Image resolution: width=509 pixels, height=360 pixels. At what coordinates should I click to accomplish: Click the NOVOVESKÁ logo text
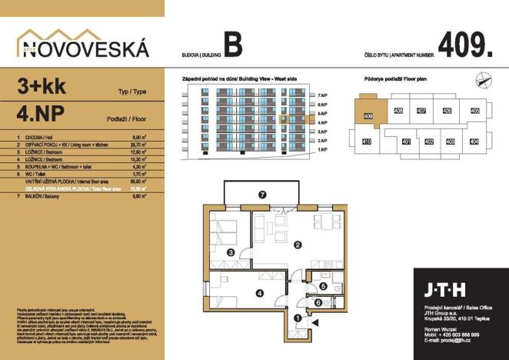pos(83,49)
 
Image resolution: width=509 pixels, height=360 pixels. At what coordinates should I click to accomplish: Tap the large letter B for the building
pos(233,45)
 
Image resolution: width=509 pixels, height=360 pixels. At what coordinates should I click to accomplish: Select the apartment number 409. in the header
pos(464,45)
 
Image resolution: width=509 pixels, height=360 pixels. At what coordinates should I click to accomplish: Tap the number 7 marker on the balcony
pos(262,195)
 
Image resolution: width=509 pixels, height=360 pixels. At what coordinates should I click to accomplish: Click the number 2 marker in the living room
pos(297,246)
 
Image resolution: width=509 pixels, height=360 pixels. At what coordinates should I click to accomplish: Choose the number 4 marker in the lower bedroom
pos(260,292)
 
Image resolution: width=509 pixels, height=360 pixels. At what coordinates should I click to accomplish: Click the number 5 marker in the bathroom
pos(324,286)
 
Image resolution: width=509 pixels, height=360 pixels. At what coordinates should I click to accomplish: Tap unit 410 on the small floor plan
pos(367,142)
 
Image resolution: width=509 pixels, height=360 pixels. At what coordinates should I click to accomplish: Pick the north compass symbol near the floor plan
pos(482,75)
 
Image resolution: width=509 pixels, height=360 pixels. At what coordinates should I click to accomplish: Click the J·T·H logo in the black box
pos(444,290)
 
